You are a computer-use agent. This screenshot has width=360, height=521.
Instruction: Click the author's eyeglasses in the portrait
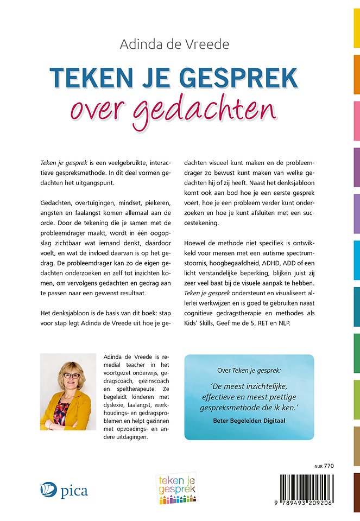[72, 376]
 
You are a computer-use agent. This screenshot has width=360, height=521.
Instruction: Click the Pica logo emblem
[48, 491]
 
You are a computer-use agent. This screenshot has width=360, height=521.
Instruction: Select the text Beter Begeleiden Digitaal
[249, 420]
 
